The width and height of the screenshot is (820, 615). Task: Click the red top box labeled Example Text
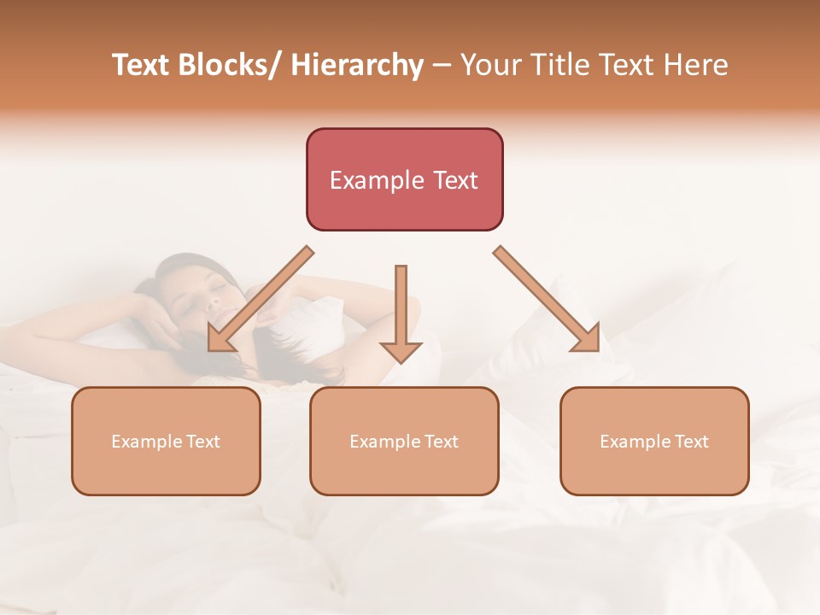404,179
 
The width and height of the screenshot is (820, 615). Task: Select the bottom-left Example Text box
166,441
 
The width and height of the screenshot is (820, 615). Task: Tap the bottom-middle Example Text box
404,441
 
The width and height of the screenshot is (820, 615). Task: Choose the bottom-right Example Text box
654,441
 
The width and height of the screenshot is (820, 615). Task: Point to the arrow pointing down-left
261,299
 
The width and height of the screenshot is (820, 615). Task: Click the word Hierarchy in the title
357,65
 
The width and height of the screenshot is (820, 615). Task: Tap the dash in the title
442,66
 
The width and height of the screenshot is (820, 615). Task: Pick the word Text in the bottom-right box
691,442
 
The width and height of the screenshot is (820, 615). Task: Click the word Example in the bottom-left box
146,442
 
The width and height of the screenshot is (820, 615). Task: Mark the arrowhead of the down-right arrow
587,337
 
